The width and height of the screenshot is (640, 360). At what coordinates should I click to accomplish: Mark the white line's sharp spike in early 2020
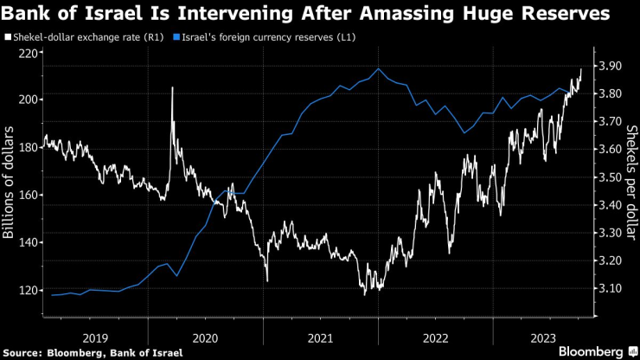pyautogui.click(x=172, y=88)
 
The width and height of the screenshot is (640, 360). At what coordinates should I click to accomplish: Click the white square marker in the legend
pyautogui.click(x=7, y=38)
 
